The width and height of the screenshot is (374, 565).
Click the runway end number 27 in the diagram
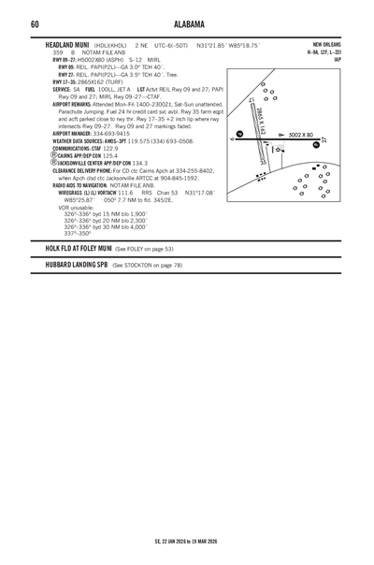[x=324, y=140]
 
